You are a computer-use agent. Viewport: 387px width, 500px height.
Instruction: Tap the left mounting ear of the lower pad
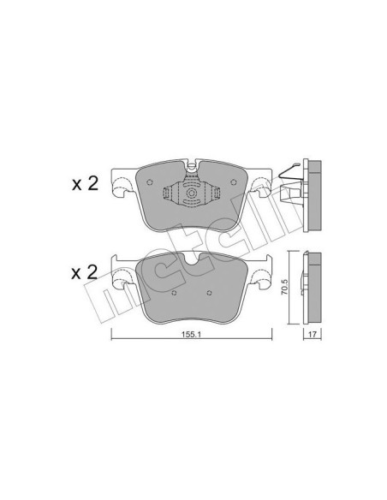click(122, 261)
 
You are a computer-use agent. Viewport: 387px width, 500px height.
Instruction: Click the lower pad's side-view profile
click(313, 287)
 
